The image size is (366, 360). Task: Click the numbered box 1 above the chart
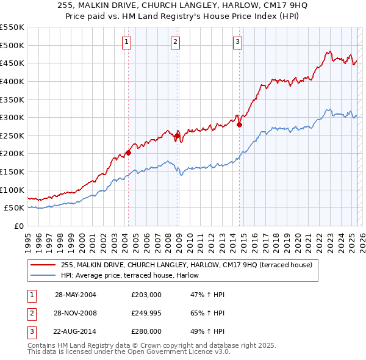pos(126,42)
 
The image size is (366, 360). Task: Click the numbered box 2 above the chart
pos(175,42)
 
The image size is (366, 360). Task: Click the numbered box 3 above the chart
pos(237,42)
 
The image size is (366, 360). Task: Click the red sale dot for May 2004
pos(128,153)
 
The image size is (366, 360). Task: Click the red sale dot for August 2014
pos(239,124)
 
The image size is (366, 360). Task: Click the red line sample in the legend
pos(43,265)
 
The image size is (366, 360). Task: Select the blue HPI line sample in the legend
pos(43,275)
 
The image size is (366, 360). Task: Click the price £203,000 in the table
pos(146,295)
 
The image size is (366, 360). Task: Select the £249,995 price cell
pos(146,314)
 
